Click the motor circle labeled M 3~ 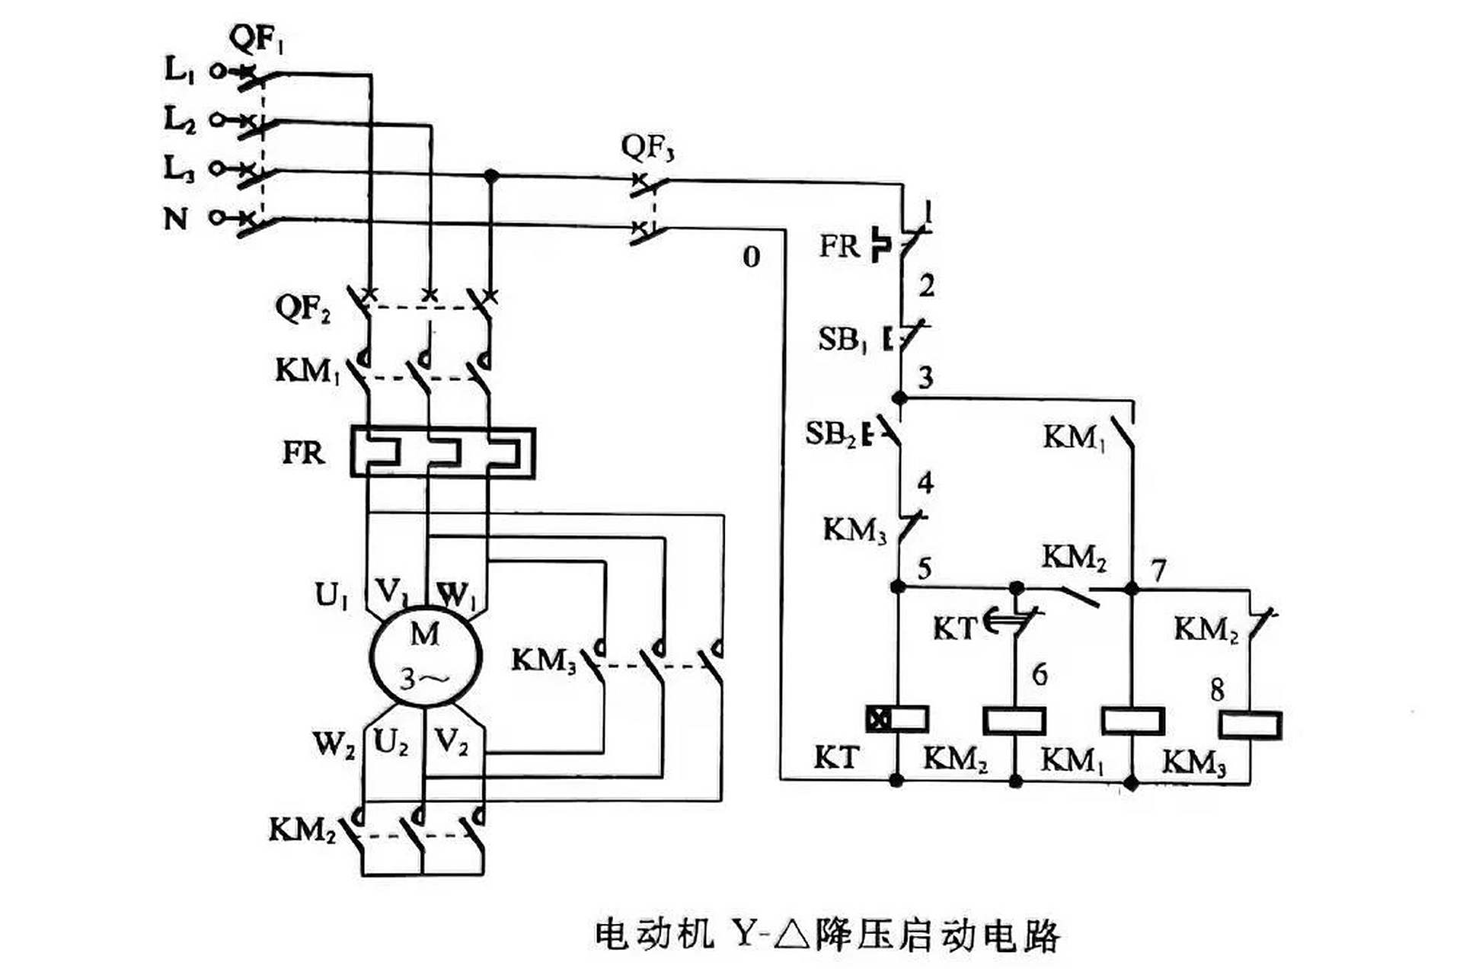(425, 659)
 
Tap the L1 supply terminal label (180, 70)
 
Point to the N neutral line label (176, 219)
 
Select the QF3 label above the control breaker (647, 147)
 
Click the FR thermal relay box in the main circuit (442, 452)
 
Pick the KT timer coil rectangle (898, 718)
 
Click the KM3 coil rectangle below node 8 (1250, 724)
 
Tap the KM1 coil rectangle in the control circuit (1132, 721)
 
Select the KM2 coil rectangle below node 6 (1014, 721)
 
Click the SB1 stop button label (842, 339)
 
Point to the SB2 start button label (831, 434)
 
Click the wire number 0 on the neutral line (752, 257)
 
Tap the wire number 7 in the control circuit (1158, 569)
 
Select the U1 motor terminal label (331, 595)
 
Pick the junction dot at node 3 (899, 398)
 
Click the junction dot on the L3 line (491, 176)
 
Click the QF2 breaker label (302, 308)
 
